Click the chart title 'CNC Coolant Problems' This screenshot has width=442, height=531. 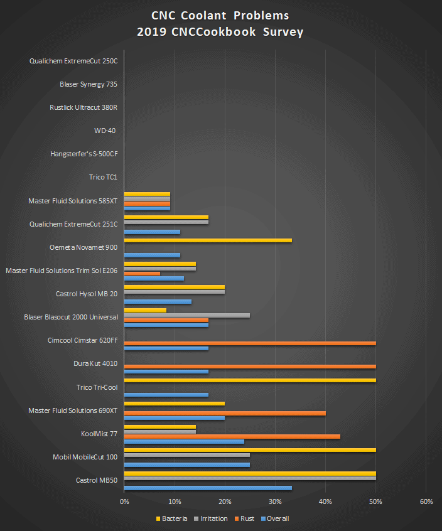[220, 16]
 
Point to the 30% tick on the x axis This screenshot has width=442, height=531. [275, 501]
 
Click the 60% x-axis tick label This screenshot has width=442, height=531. [426, 501]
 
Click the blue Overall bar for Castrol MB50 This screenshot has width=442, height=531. [208, 488]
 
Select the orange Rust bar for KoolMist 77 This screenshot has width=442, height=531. [232, 436]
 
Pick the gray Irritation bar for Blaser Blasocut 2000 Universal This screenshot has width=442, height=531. [187, 315]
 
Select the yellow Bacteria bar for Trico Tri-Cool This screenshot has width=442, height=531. [250, 380]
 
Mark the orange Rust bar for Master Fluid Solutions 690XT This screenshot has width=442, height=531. [225, 413]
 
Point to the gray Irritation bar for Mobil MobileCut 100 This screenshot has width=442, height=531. [187, 455]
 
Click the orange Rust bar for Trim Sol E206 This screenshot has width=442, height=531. [142, 274]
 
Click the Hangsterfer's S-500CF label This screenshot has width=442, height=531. [84, 154]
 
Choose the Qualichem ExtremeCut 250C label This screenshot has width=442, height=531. [73, 61]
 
